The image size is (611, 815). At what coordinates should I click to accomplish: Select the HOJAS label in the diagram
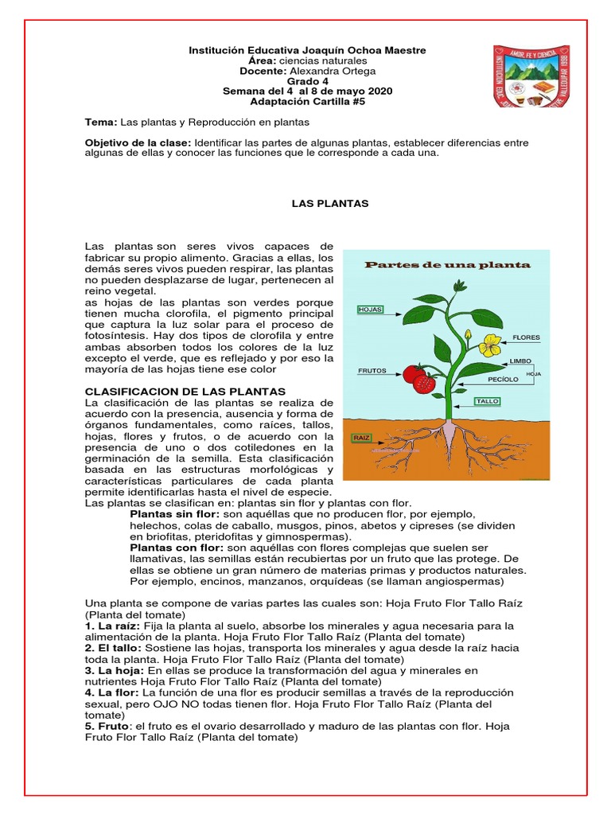point(371,309)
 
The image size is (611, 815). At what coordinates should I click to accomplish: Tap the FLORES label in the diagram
point(526,337)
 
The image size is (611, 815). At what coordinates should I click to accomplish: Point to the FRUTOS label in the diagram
point(372,371)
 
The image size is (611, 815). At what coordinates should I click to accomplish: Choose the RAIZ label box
point(363,438)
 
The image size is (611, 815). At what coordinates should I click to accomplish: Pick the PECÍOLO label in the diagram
point(504,380)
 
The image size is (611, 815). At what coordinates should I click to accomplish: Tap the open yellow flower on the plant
point(492,345)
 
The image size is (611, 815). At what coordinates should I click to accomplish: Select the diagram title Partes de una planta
point(447,265)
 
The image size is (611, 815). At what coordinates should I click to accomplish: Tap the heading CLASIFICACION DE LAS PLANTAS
point(185,392)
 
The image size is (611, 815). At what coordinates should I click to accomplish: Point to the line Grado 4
point(307,81)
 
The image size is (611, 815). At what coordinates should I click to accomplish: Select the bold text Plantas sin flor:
point(175,515)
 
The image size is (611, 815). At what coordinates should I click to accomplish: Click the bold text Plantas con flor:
point(177,548)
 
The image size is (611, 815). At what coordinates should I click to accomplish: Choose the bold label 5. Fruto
point(109,727)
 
